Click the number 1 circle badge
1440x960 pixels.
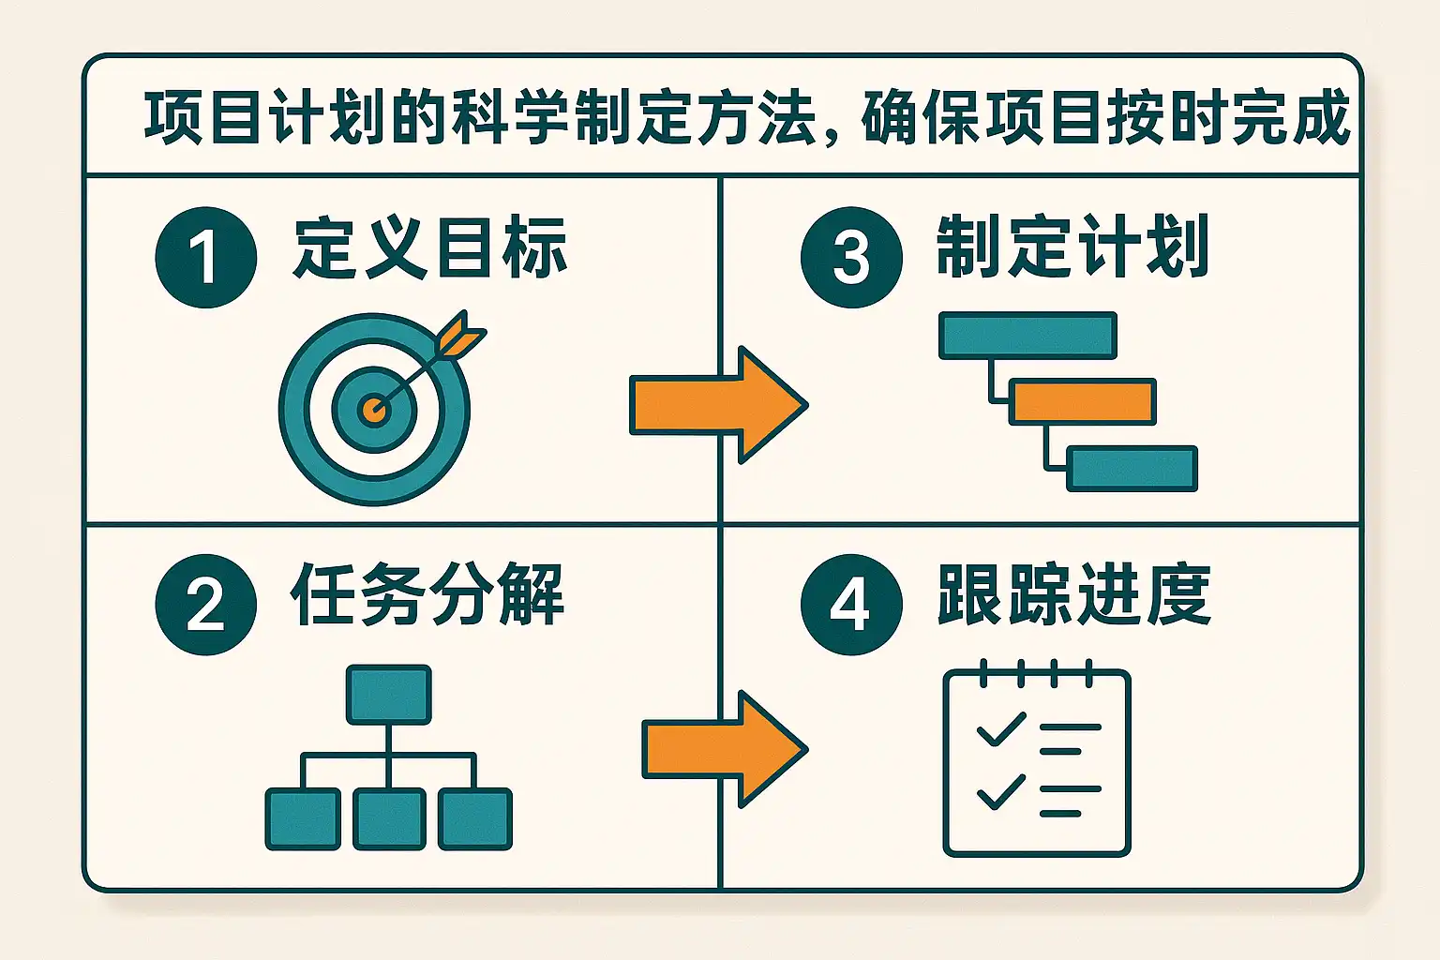pos(205,257)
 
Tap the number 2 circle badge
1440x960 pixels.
pos(205,605)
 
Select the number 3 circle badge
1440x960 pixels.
pos(851,257)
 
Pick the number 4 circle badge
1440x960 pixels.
pos(851,605)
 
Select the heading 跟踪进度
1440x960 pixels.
pos(1074,594)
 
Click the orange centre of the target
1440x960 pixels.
pos(374,410)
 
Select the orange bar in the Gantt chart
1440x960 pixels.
pos(1083,402)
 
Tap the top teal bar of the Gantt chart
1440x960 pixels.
pos(1027,336)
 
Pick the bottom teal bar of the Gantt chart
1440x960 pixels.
pos(1132,469)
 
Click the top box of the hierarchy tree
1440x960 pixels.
pos(389,695)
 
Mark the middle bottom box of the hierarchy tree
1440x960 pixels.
pos(389,818)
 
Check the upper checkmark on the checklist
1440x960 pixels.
pos(1001,728)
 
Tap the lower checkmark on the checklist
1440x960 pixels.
pos(1001,791)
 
